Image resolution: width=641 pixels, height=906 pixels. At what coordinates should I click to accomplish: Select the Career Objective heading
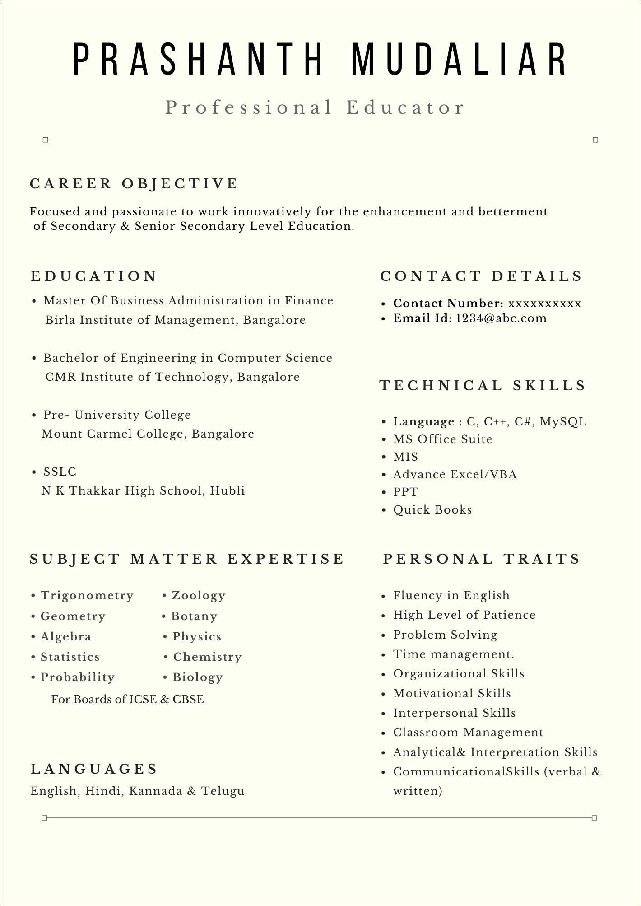(134, 184)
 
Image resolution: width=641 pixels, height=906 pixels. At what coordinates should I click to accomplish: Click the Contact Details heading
(481, 276)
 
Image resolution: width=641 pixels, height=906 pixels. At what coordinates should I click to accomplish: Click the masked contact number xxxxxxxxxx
(544, 303)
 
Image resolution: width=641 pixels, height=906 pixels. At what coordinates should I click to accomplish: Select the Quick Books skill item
(432, 510)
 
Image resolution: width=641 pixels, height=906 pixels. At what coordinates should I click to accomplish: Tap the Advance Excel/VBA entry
(455, 475)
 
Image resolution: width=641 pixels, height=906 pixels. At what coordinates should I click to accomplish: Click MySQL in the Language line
(563, 422)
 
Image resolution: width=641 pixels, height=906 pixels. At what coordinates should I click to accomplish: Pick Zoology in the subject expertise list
(198, 596)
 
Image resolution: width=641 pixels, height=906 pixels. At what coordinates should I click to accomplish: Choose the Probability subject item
(77, 677)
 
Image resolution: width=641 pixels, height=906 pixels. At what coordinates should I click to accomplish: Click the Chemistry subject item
(207, 657)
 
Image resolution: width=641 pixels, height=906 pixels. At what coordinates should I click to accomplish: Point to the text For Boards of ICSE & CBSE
(127, 700)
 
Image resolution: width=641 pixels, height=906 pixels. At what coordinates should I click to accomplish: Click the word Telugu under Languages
(223, 791)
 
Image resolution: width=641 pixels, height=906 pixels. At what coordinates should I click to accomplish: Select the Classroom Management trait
(468, 733)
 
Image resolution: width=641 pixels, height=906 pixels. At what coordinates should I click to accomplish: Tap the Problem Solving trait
(445, 635)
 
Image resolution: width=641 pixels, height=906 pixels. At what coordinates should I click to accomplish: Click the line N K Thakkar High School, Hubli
(143, 491)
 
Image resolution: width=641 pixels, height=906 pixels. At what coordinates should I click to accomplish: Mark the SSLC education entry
(60, 472)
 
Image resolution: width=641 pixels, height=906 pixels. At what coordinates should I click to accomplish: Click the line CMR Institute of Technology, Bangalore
(172, 377)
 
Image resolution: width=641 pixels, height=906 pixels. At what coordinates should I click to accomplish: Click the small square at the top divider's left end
(45, 140)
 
